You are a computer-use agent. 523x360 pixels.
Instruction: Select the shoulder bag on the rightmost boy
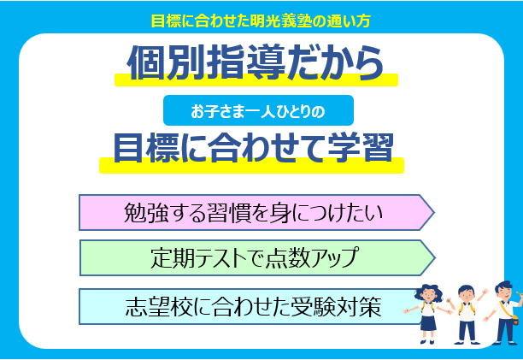tap(514, 317)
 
